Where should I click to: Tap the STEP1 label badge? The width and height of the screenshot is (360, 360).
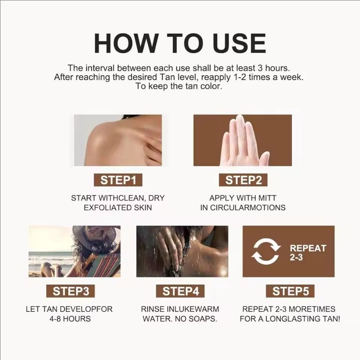point(118,180)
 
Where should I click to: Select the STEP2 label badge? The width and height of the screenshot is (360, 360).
point(243,180)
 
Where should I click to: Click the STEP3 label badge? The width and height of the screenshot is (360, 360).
point(71,291)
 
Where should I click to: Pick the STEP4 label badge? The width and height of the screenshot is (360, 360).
point(180,291)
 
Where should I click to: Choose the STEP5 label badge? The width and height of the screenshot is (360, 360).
point(290,291)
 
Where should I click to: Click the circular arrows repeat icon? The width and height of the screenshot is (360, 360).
point(265,251)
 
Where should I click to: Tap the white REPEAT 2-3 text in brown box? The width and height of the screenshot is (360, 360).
point(308,252)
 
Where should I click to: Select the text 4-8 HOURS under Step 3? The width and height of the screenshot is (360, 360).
point(71,319)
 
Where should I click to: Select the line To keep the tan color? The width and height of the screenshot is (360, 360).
point(180,86)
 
